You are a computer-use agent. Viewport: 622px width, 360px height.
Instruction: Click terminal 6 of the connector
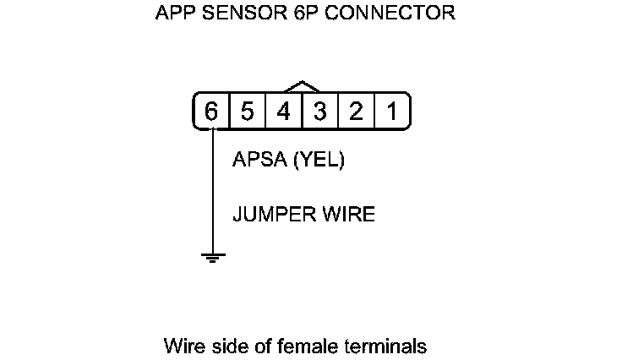pyautogui.click(x=211, y=112)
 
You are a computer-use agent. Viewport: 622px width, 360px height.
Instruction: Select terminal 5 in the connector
pyautogui.click(x=248, y=112)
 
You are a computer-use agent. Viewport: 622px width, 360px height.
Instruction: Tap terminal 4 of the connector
pyautogui.click(x=284, y=112)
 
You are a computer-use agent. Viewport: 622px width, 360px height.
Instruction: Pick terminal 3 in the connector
pyautogui.click(x=320, y=112)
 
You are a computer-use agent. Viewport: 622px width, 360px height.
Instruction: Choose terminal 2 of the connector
pyautogui.click(x=357, y=112)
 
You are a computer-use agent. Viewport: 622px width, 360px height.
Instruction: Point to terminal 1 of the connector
pyautogui.click(x=392, y=112)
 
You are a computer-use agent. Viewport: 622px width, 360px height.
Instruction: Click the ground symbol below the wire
pyautogui.click(x=214, y=256)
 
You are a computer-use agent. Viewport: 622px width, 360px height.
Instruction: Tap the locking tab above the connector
pyautogui.click(x=302, y=86)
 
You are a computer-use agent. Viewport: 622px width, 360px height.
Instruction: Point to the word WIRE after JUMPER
pyautogui.click(x=348, y=215)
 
